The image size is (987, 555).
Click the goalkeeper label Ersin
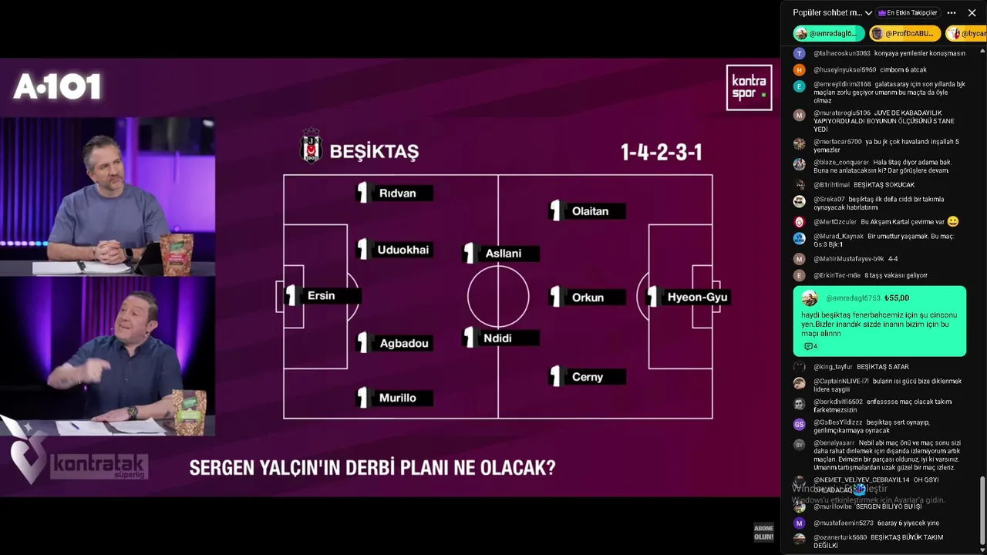click(x=321, y=296)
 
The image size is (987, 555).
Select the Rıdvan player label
click(x=397, y=193)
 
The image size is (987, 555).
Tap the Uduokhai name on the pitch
click(x=403, y=250)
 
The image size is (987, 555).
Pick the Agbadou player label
click(x=403, y=343)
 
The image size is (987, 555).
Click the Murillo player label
click(x=397, y=398)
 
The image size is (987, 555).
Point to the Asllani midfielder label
click(x=503, y=254)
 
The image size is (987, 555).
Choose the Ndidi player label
click(x=497, y=338)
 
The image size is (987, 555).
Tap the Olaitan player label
click(x=590, y=211)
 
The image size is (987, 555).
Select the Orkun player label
click(x=588, y=298)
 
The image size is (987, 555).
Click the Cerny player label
click(x=588, y=377)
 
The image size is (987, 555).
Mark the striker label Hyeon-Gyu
click(x=696, y=297)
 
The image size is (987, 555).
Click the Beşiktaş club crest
click(x=311, y=146)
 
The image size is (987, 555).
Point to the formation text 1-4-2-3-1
click(x=661, y=152)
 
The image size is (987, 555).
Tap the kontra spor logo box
click(x=749, y=87)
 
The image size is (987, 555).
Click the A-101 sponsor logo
click(x=57, y=87)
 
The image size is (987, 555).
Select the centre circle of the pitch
click(x=498, y=297)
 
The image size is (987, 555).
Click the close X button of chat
click(x=972, y=13)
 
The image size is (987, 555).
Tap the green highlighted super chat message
click(x=879, y=321)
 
